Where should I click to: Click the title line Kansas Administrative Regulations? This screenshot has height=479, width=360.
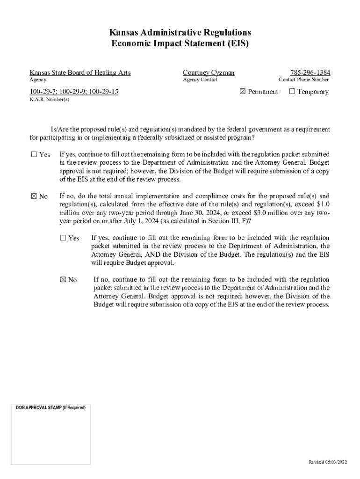pyautogui.click(x=180, y=32)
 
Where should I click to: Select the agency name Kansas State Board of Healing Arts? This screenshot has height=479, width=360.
pyautogui.click(x=80, y=73)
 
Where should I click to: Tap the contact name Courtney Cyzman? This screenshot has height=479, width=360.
pyautogui.click(x=209, y=73)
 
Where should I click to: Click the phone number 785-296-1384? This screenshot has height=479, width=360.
pyautogui.click(x=310, y=73)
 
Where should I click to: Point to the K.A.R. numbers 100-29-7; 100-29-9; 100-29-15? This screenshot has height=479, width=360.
pyautogui.click(x=74, y=92)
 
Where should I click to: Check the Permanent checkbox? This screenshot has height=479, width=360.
pyautogui.click(x=242, y=92)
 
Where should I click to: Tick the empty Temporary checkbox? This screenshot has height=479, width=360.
pyautogui.click(x=292, y=92)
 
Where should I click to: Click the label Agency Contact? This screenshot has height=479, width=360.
pyautogui.click(x=200, y=80)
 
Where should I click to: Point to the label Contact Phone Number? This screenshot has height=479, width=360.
pyautogui.click(x=303, y=80)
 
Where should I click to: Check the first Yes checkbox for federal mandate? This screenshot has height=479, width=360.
pyautogui.click(x=34, y=154)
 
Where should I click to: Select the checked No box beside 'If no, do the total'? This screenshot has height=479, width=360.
pyautogui.click(x=34, y=196)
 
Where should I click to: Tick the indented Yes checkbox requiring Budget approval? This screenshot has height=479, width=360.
pyautogui.click(x=63, y=238)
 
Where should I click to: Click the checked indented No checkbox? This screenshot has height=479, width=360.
pyautogui.click(x=63, y=280)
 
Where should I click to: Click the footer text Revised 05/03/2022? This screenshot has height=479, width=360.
pyautogui.click(x=328, y=462)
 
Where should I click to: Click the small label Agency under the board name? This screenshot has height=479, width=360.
pyautogui.click(x=38, y=80)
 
